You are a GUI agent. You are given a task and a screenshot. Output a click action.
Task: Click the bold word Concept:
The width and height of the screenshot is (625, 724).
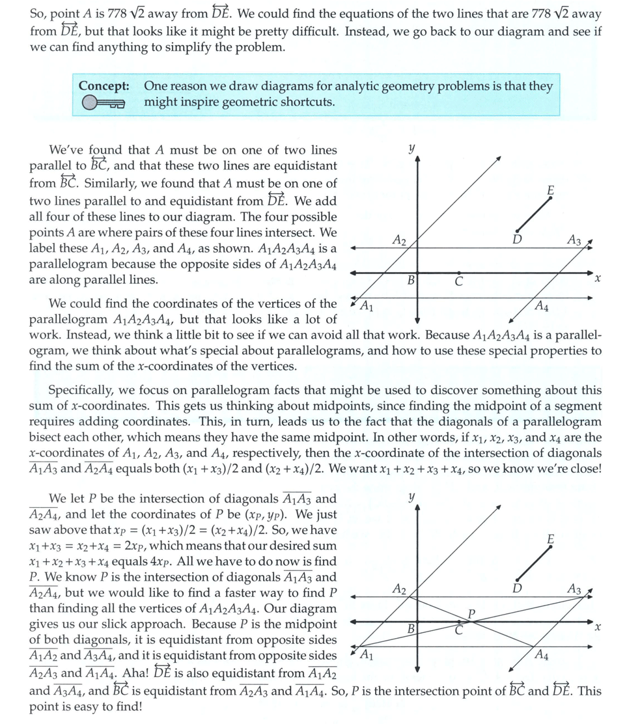(x=104, y=86)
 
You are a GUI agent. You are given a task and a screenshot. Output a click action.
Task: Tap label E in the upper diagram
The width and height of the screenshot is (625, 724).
(x=551, y=190)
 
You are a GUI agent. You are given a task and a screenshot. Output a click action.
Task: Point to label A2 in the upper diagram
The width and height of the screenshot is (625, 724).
(x=400, y=240)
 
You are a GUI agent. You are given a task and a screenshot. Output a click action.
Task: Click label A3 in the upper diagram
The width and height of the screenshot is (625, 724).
(x=574, y=240)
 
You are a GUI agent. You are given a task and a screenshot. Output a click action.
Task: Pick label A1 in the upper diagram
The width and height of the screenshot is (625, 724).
(x=367, y=305)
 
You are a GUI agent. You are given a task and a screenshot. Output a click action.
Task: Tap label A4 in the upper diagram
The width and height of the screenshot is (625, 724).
(x=541, y=305)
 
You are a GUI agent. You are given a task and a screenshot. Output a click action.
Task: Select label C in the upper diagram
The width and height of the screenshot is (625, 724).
(x=458, y=282)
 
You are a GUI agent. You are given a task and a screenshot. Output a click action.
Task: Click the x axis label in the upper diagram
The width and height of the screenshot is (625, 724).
(x=597, y=278)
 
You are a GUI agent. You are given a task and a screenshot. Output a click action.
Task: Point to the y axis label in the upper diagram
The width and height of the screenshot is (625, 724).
(x=411, y=148)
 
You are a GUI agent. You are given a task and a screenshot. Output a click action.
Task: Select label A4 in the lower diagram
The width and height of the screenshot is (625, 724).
(x=541, y=654)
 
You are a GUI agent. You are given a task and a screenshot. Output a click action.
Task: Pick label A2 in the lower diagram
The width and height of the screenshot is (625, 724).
(x=400, y=589)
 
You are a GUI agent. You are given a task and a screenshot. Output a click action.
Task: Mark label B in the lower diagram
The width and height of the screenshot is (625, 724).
(x=411, y=629)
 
